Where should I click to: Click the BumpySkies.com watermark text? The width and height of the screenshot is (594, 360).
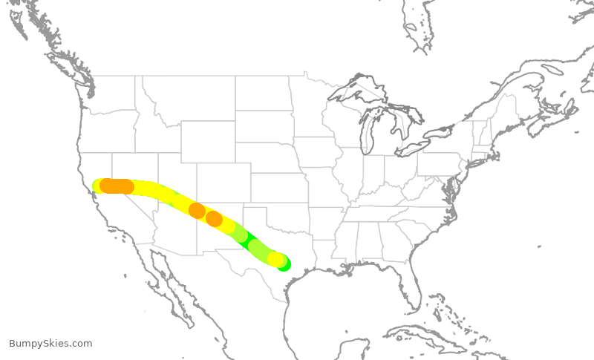(50, 344)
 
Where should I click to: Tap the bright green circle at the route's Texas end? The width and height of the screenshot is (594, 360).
(284, 264)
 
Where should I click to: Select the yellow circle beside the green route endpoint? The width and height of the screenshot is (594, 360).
(275, 260)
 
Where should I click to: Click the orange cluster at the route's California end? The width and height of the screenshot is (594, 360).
(117, 186)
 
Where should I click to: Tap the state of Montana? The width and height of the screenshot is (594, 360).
(186, 96)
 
